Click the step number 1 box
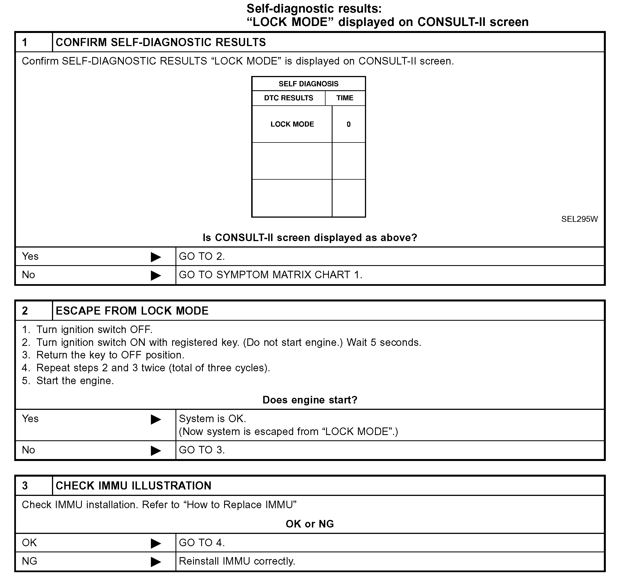34,42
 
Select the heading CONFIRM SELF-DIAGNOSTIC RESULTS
160,42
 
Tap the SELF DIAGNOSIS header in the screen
308,84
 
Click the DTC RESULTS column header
288,98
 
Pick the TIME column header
345,98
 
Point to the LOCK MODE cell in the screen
292,124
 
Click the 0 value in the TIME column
348,124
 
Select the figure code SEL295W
579,219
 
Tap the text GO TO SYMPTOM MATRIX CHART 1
270,275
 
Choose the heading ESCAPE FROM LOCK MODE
132,311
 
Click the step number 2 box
34,311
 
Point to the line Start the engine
75,381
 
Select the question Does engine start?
310,400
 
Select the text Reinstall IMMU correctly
237,561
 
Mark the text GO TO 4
202,543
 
